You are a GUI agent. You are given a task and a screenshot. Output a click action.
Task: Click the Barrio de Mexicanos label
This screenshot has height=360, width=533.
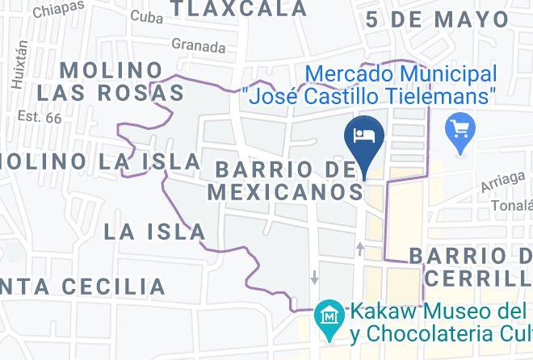pyautogui.click(x=285, y=180)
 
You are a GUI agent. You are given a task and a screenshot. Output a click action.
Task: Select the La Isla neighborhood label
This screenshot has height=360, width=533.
pyautogui.click(x=155, y=232)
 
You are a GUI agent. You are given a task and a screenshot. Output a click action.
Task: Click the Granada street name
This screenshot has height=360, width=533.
pyautogui.click(x=199, y=46)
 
